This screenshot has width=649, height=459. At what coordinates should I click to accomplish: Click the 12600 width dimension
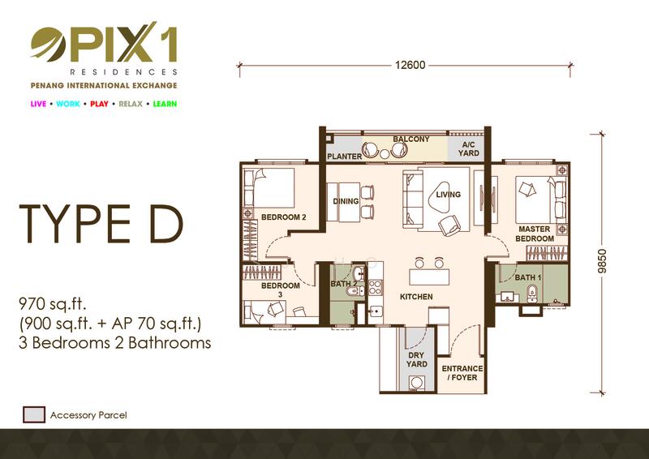pos(410,65)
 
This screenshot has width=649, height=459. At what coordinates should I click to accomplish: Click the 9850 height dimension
pos(602,261)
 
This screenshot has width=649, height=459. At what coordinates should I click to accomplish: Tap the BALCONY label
pos(411,139)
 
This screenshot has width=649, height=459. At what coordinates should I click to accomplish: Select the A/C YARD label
pos(469,148)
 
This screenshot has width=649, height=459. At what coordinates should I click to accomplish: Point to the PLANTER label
pos(344,157)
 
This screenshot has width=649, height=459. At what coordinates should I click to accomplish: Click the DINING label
pos(346,201)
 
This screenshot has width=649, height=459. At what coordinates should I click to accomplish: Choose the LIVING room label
pos(449,195)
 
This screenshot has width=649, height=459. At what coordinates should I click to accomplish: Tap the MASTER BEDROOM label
pos(535,234)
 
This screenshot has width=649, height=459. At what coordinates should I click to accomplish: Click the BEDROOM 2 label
pos(283,217)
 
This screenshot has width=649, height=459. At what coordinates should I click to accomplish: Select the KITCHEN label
pos(416,296)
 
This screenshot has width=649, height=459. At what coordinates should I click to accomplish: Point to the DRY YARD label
pos(416,360)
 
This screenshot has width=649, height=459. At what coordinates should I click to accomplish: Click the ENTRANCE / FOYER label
pos(462,373)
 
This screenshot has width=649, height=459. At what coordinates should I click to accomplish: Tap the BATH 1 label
pos(528,277)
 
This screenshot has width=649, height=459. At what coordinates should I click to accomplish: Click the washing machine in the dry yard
pos(416,383)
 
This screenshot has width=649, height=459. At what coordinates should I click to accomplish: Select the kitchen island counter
pos(429,277)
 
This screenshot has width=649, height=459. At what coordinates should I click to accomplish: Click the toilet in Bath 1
pos(532,294)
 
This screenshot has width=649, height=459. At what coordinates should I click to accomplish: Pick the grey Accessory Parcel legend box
pos(34,414)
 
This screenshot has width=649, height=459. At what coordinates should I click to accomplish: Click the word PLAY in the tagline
pos(99,104)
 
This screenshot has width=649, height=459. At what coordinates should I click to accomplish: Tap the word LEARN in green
pos(165,104)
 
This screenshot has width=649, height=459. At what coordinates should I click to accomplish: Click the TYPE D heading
pos(101,224)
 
